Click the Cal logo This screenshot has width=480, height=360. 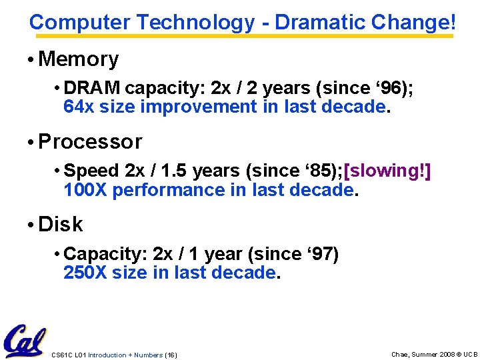tap(24, 341)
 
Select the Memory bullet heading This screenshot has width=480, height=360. tap(79, 59)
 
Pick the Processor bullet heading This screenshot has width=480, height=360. tap(90, 142)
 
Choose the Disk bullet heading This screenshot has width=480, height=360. tap(61, 225)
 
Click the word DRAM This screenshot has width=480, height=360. tap(93, 88)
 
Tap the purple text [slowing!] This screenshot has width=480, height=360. tap(387, 171)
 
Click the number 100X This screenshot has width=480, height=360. tap(85, 190)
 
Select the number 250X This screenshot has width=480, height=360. tap(85, 273)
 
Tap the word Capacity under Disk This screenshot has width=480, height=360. tap(105, 254)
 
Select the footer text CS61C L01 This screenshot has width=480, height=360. tap(69, 355)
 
